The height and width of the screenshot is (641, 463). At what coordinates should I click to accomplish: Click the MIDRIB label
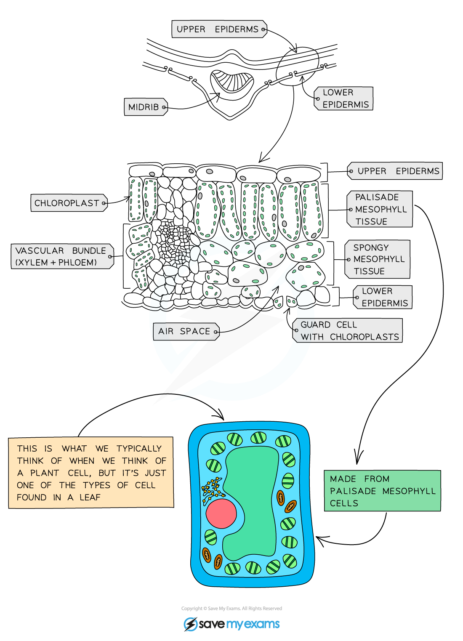[144, 107]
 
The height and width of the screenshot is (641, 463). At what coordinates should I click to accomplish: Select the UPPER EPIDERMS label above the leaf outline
[218, 29]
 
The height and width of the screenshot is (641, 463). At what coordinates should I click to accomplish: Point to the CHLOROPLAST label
[67, 203]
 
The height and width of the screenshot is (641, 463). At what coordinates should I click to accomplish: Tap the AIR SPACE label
[184, 331]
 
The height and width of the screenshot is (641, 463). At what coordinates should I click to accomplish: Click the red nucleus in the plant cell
[221, 513]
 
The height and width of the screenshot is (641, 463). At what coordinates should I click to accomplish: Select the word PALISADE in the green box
[353, 491]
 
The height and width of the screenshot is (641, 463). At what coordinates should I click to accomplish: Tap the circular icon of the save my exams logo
[190, 624]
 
